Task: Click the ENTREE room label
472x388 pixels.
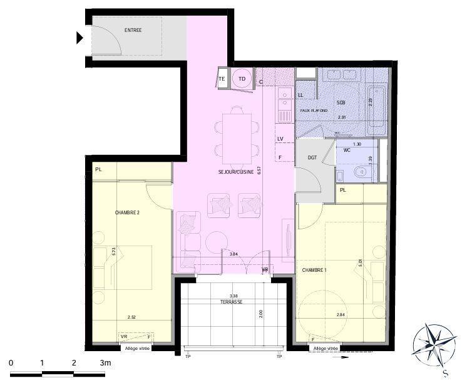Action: click(x=133, y=30)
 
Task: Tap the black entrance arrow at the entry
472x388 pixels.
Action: click(x=80, y=38)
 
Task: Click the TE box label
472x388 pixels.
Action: click(x=222, y=79)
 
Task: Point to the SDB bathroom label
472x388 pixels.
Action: click(x=341, y=102)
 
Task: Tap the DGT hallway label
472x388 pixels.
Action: click(x=312, y=157)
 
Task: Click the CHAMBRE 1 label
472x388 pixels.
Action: click(x=314, y=270)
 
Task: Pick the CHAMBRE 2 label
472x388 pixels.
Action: click(x=127, y=212)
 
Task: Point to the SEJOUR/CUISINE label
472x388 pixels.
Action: click(x=236, y=172)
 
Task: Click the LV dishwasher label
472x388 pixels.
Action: click(x=280, y=139)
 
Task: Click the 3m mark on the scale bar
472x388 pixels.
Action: click(x=105, y=363)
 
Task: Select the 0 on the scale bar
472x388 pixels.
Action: click(x=11, y=363)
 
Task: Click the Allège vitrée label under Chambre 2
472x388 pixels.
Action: click(x=137, y=348)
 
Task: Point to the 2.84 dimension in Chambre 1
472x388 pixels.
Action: click(x=341, y=315)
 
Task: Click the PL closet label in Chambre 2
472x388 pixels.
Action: click(x=99, y=169)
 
